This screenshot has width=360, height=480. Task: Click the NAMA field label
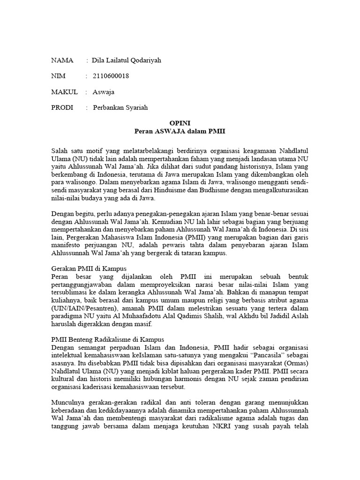coord(62,60)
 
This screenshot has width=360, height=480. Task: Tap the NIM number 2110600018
coord(111,76)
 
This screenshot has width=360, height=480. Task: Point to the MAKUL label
coord(64,92)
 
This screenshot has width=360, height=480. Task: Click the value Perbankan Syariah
coord(120,108)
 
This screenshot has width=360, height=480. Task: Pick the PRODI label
coord(62,108)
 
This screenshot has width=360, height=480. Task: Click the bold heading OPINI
coord(180,123)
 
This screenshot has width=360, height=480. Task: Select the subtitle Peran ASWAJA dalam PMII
coord(180,131)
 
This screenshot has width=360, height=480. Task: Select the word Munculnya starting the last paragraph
coord(67,403)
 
